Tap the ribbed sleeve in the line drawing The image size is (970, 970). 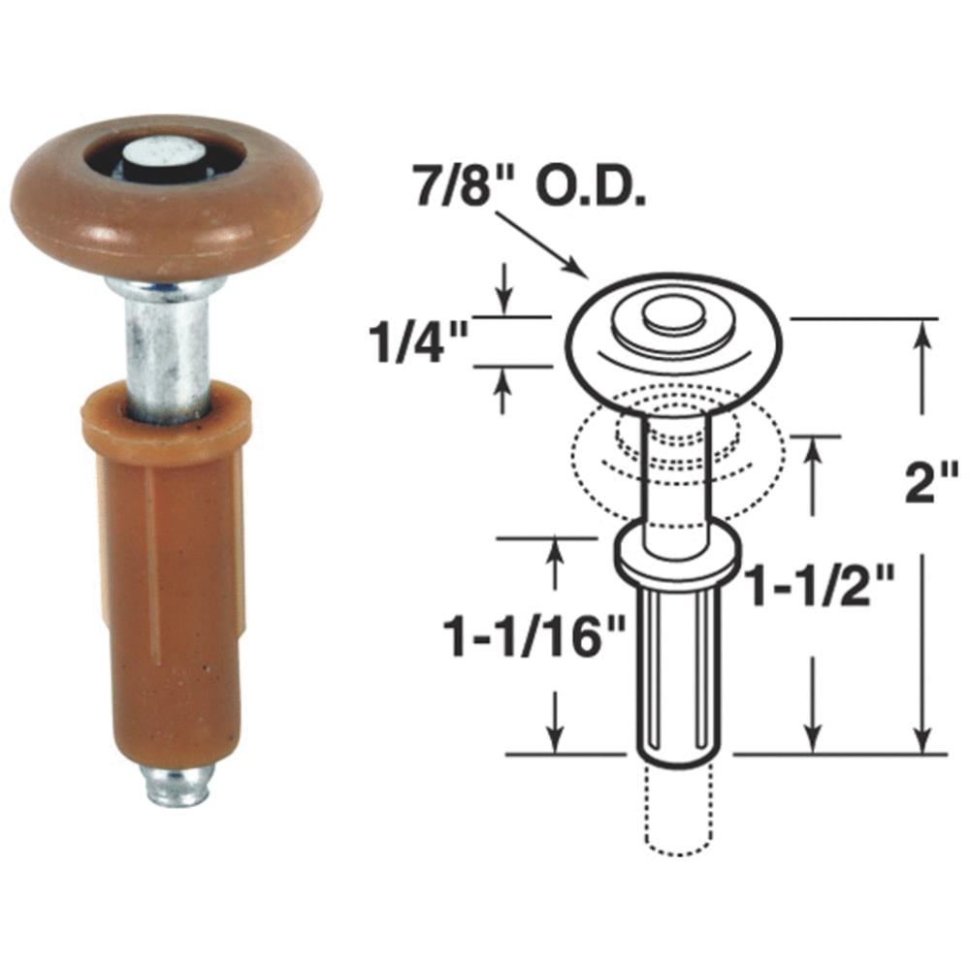(x=676, y=669)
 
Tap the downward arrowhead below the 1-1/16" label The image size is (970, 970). (x=556, y=737)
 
